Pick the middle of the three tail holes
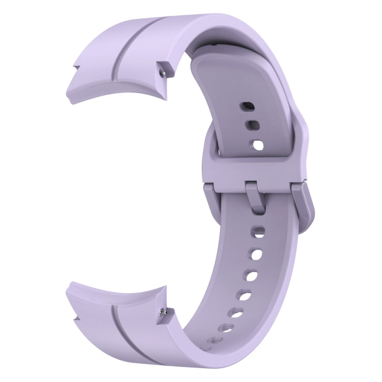point(251,124)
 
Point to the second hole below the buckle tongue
point(258,253)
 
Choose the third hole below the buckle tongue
point(253,275)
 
